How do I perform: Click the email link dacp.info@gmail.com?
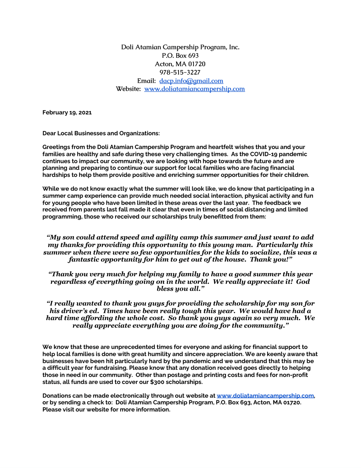click(191, 81)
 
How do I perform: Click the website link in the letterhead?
click(194, 89)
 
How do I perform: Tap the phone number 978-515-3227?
click(180, 72)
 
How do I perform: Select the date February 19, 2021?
click(67, 112)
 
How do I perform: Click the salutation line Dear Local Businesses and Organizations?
click(101, 133)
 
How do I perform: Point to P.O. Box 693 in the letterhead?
click(180, 56)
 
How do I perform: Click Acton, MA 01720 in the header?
click(180, 64)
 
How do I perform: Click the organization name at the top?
click(180, 47)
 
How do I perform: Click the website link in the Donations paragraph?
click(265, 396)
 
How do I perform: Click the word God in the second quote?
click(303, 282)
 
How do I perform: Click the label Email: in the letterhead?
click(146, 81)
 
